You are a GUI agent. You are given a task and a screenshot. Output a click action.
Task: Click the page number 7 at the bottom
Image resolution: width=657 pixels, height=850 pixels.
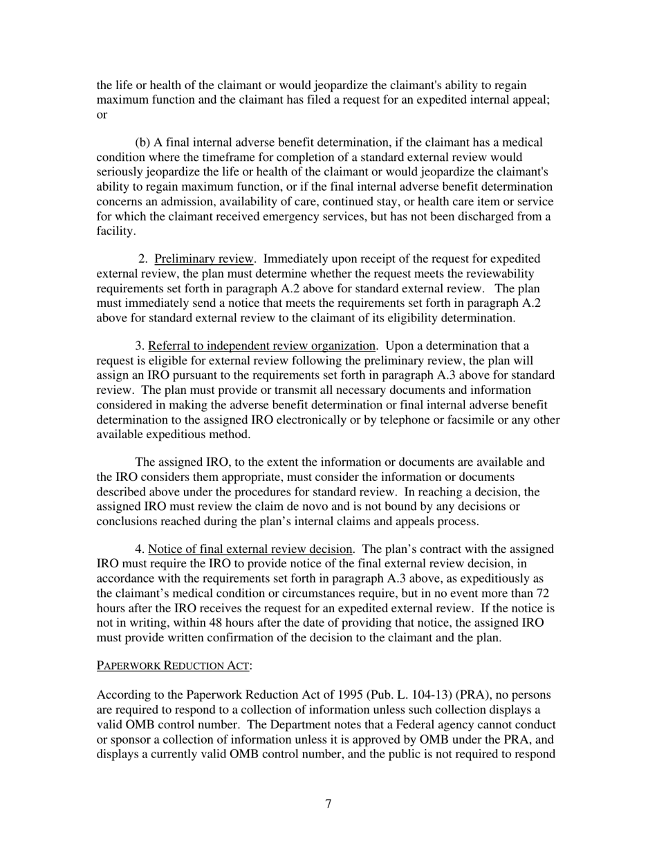click(x=328, y=804)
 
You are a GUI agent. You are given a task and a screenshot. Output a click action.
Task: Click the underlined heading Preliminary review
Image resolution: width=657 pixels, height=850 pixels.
click(x=204, y=259)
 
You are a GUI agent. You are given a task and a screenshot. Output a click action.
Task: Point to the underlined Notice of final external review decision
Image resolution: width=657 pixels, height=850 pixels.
click(x=251, y=549)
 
